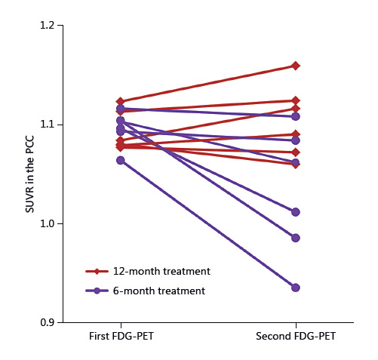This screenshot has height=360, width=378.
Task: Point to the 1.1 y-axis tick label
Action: (46, 124)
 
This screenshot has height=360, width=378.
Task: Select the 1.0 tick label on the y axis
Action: (46, 223)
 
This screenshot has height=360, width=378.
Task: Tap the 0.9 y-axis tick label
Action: (46, 322)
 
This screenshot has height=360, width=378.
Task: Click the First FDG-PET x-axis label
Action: (121, 336)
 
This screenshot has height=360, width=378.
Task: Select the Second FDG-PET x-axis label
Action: (295, 336)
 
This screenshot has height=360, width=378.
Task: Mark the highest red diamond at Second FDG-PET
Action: (296, 66)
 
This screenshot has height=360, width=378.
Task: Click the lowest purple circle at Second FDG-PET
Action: (296, 288)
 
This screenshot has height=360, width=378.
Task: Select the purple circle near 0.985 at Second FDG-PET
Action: (296, 238)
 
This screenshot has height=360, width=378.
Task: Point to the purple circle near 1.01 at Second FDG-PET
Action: (296, 212)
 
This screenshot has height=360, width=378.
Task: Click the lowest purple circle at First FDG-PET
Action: (121, 160)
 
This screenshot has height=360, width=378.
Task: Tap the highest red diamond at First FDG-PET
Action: (121, 101)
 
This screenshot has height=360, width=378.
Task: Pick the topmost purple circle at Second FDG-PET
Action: (296, 116)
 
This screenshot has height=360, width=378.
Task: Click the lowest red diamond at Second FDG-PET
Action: (296, 164)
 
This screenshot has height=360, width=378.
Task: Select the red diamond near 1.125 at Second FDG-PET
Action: (296, 100)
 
